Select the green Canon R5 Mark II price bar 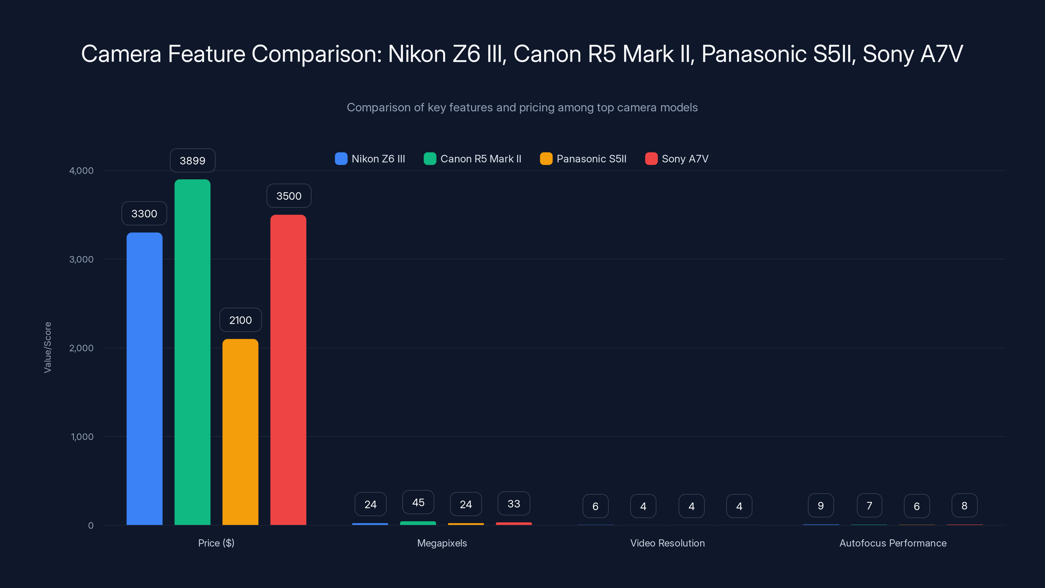[192, 352]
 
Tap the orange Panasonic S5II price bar [240, 432]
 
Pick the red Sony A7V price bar [288, 370]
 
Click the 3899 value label [192, 161]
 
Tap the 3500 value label [289, 196]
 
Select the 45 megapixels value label [418, 502]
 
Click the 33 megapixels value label [514, 504]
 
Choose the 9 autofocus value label [821, 506]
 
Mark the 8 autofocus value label [964, 506]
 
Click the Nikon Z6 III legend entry [370, 159]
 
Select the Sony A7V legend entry [677, 159]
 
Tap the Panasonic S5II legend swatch [546, 159]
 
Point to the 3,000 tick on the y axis [82, 259]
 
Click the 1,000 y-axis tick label [82, 437]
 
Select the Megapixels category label [442, 543]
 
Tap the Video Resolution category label [667, 543]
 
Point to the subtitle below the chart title [522, 107]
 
